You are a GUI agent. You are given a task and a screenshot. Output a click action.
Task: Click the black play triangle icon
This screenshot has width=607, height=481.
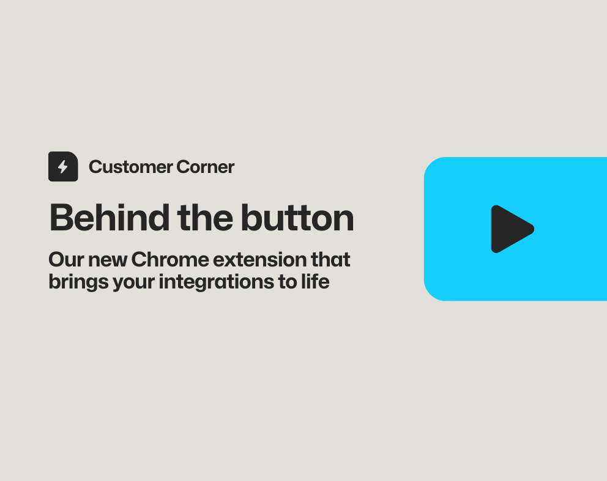[510, 229]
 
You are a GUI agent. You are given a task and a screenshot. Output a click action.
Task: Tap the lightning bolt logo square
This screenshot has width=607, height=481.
[63, 166]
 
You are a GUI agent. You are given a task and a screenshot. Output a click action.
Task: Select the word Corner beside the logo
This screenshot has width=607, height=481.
[205, 167]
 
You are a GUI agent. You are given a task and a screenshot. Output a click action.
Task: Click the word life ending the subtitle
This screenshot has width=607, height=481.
[316, 282]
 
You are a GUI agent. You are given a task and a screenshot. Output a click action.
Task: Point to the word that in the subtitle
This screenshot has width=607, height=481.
[330, 260]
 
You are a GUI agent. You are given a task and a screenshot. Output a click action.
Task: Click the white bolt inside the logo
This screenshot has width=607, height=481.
[63, 167]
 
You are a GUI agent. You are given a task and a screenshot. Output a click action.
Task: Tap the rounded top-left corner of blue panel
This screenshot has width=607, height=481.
[431, 164]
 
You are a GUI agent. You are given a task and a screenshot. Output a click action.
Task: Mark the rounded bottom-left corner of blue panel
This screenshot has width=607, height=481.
[431, 293]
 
